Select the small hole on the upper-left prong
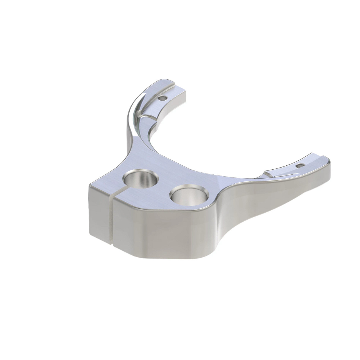click(x=162, y=98)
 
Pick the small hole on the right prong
click(x=302, y=166)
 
